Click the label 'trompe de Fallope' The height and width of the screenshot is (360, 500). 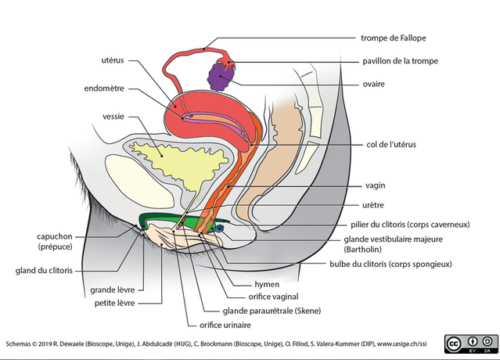[393, 38]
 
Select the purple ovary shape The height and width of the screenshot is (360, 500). [221, 77]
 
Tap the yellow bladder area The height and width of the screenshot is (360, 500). [178, 166]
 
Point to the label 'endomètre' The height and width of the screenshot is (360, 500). [104, 88]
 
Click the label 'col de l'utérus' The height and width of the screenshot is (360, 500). [391, 145]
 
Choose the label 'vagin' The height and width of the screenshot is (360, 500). [376, 185]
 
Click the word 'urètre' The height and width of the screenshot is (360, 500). [373, 205]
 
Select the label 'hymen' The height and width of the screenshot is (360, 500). [267, 284]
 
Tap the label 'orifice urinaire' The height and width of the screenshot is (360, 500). [225, 325]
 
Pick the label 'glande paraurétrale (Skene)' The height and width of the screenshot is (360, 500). [272, 311]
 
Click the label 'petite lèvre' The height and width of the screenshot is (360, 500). [115, 303]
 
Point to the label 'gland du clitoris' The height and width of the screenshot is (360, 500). [44, 271]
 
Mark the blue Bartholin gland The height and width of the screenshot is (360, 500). [220, 228]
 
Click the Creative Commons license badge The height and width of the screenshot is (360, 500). [471, 344]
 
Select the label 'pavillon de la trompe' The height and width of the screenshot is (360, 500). [400, 61]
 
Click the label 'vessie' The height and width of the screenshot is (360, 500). [113, 117]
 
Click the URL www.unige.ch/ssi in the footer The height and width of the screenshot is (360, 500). [401, 344]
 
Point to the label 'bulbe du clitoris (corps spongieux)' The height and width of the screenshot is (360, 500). [390, 264]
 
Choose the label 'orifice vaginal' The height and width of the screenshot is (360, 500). [273, 297]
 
